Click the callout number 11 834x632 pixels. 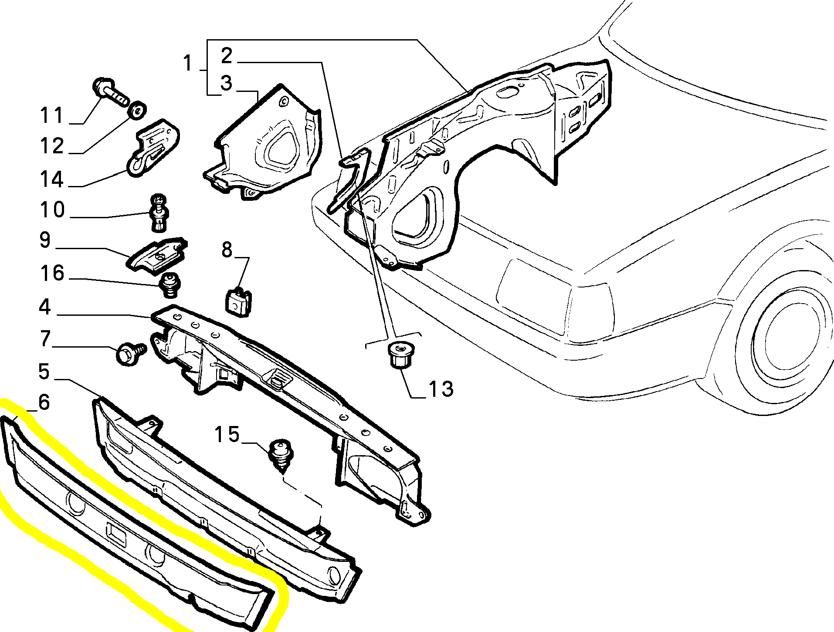(x=52, y=116)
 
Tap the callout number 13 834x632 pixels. (x=441, y=389)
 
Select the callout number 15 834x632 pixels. (x=227, y=435)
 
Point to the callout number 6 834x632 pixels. (x=44, y=402)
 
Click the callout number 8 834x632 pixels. (x=227, y=250)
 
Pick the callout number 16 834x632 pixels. (x=52, y=274)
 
